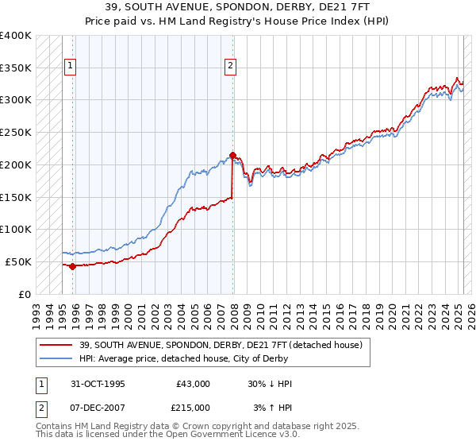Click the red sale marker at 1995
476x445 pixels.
point(72,266)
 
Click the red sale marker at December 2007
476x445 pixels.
point(232,155)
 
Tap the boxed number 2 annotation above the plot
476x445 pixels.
point(230,67)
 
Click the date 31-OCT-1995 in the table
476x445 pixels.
point(97,384)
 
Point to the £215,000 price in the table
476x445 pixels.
point(193,407)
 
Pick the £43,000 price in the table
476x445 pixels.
point(193,384)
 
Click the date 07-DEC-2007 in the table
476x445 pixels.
point(97,407)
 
